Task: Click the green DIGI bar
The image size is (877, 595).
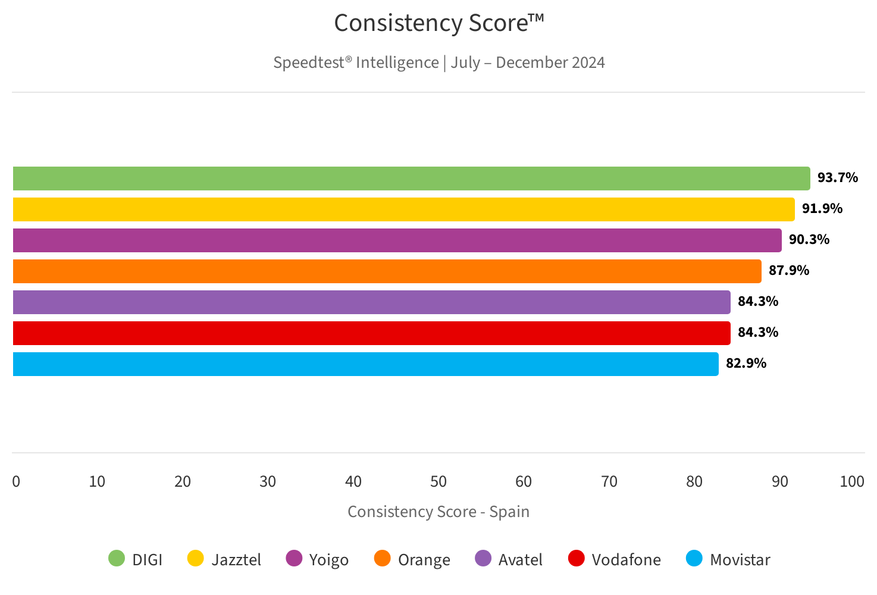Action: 411,178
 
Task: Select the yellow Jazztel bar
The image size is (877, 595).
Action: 403,209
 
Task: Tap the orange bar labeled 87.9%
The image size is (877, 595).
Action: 387,271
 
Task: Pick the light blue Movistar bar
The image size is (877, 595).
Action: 365,364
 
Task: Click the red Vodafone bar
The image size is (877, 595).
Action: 371,333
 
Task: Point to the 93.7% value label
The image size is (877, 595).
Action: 837,178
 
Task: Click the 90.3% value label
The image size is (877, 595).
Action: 809,240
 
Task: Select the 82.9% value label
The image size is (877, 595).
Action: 746,364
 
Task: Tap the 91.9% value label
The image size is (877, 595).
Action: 822,209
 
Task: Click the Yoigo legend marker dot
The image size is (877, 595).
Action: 294,559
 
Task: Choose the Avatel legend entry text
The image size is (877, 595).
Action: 520,560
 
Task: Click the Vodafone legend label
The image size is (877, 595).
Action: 626,560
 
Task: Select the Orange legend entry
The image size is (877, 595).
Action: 424,560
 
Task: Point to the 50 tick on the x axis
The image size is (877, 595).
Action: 438,481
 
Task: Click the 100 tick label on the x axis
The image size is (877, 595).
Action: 851,481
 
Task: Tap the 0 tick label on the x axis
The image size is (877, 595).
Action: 16,481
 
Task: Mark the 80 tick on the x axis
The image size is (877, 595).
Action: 694,481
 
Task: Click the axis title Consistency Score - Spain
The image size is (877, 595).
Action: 438,512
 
